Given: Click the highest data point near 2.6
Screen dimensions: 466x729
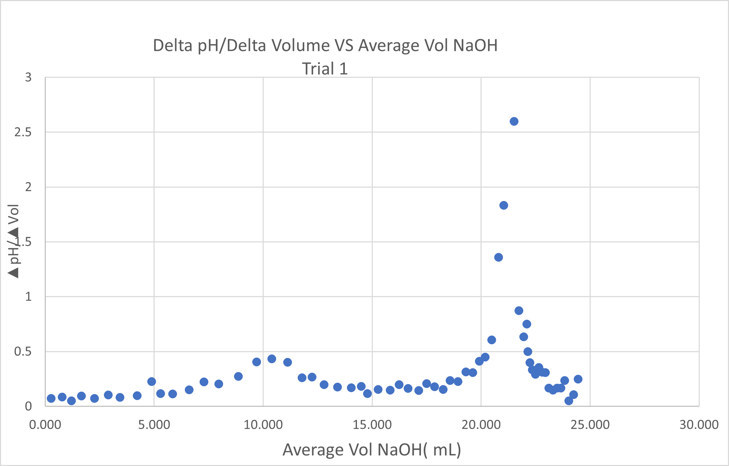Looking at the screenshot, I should tap(514, 121).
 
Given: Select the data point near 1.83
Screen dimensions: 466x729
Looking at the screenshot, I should tap(504, 205).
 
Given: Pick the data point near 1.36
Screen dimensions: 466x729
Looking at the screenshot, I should tap(498, 257).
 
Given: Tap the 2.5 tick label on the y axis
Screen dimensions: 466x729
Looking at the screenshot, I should tap(23, 132).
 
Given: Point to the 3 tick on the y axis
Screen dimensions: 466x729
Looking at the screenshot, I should tap(28, 77).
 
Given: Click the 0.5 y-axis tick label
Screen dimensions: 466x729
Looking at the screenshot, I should tap(23, 351).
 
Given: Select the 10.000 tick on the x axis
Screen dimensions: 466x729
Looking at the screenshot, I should tap(263, 425).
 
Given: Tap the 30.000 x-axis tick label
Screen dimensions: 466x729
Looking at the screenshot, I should tap(699, 425).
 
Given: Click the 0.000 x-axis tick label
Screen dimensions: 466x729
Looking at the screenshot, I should tap(45, 425).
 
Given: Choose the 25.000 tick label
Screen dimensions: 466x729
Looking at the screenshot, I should tap(590, 425).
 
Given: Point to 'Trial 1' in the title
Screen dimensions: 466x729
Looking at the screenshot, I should tap(325, 68).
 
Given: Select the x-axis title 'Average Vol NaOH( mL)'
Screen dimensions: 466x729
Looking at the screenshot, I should tap(372, 450).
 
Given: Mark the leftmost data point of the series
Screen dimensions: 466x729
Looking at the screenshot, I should tap(51, 399).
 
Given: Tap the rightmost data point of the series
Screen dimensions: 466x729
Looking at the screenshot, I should tap(578, 379).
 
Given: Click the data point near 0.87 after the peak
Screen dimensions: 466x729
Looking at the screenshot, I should tap(519, 310).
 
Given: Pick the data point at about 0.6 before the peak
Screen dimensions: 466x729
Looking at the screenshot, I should tap(492, 340).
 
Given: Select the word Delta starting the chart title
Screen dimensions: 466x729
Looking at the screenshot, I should tap(172, 45).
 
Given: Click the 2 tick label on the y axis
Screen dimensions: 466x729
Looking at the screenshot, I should tap(28, 187).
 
